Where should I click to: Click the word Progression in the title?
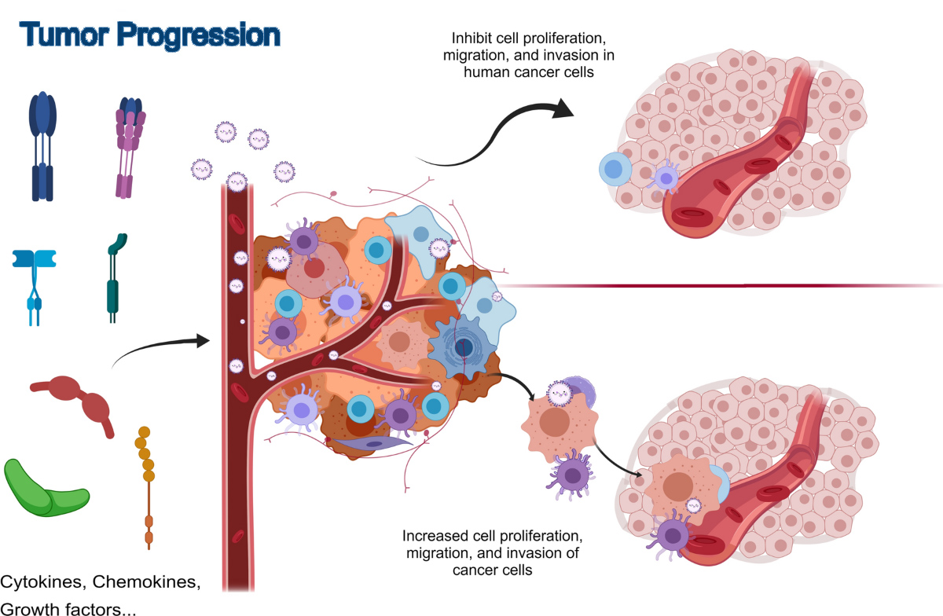(202, 35)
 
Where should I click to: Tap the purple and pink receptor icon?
(129, 145)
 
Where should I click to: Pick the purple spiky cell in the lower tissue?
(672, 537)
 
